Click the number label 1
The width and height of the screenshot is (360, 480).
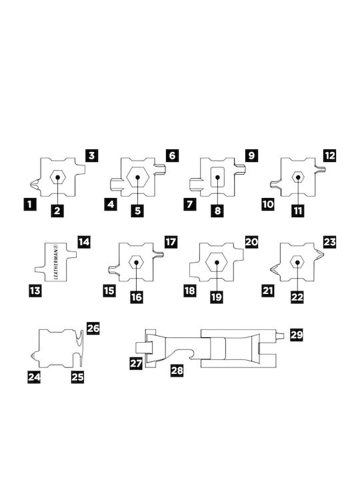click(29, 204)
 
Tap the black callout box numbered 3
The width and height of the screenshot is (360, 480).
click(92, 155)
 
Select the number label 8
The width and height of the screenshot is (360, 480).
click(217, 211)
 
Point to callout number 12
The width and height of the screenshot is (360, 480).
click(330, 155)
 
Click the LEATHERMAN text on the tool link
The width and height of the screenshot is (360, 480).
click(56, 262)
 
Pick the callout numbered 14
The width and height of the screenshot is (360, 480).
click(83, 242)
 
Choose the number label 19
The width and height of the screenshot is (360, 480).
click(217, 297)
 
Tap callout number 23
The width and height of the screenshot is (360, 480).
click(330, 242)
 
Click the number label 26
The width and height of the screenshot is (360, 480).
click(93, 328)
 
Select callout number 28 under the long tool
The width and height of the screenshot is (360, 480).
click(177, 371)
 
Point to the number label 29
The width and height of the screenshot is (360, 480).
click(296, 335)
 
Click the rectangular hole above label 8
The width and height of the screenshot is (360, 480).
click(217, 177)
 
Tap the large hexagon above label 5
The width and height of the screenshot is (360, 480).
click(138, 177)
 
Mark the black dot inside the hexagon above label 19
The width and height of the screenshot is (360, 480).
click(217, 263)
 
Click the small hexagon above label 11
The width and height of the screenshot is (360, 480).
click(298, 177)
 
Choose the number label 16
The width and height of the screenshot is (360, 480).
click(137, 297)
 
